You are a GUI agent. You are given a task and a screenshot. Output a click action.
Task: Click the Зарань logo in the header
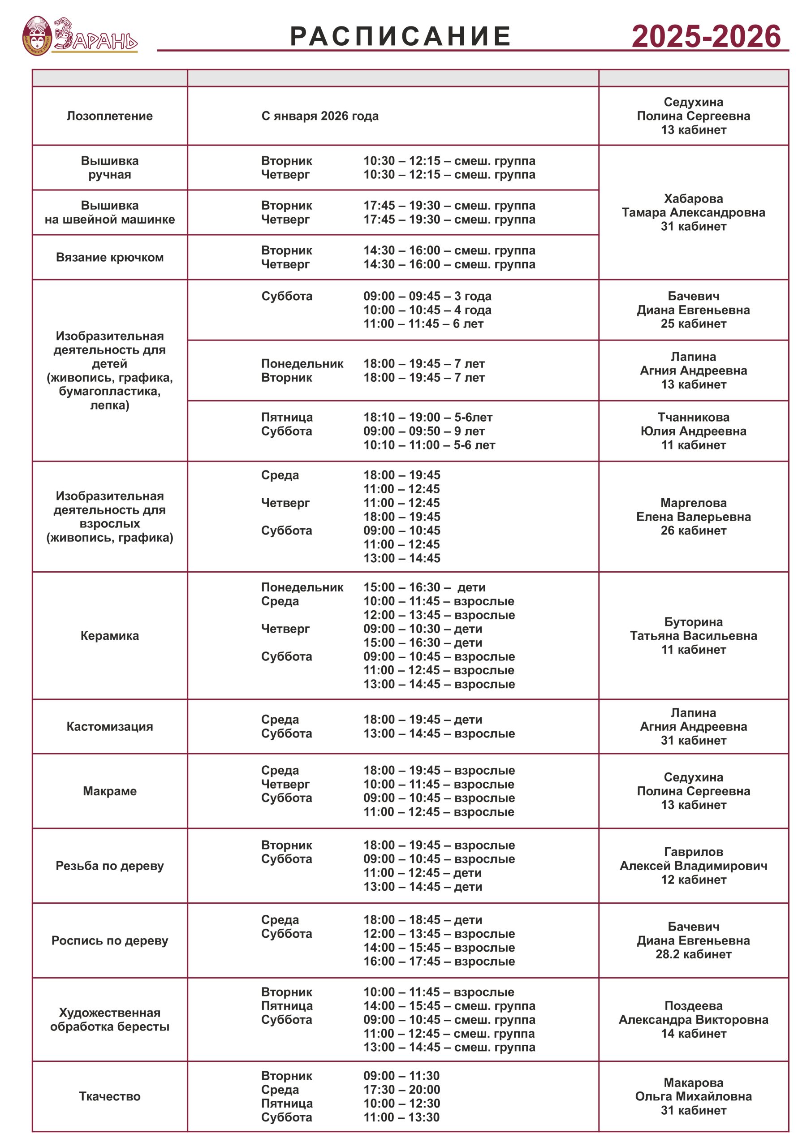(80, 35)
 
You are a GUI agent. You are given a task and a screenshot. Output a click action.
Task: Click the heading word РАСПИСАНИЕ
(400, 36)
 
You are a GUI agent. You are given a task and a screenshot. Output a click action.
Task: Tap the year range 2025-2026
(706, 36)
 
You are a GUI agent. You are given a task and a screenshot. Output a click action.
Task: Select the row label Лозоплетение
(109, 116)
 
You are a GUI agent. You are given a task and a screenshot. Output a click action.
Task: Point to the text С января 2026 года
(320, 116)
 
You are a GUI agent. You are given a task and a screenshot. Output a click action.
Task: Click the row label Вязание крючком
(109, 257)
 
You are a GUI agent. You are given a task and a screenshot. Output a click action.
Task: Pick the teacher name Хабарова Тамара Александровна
(693, 206)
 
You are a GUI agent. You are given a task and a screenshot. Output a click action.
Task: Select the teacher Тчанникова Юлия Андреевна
(693, 424)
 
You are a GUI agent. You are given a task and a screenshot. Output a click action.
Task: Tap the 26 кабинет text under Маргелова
(693, 530)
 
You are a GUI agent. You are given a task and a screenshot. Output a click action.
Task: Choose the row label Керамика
(109, 635)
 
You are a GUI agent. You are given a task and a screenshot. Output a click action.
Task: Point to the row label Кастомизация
(109, 726)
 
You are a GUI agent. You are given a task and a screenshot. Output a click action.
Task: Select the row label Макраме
(109, 791)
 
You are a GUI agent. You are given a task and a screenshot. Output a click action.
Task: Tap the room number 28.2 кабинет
(693, 954)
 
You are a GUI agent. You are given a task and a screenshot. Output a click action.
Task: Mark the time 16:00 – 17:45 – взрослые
(439, 961)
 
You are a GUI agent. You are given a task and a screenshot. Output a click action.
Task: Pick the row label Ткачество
(109, 1096)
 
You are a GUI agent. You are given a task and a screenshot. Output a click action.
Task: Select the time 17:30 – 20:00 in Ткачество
(402, 1090)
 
